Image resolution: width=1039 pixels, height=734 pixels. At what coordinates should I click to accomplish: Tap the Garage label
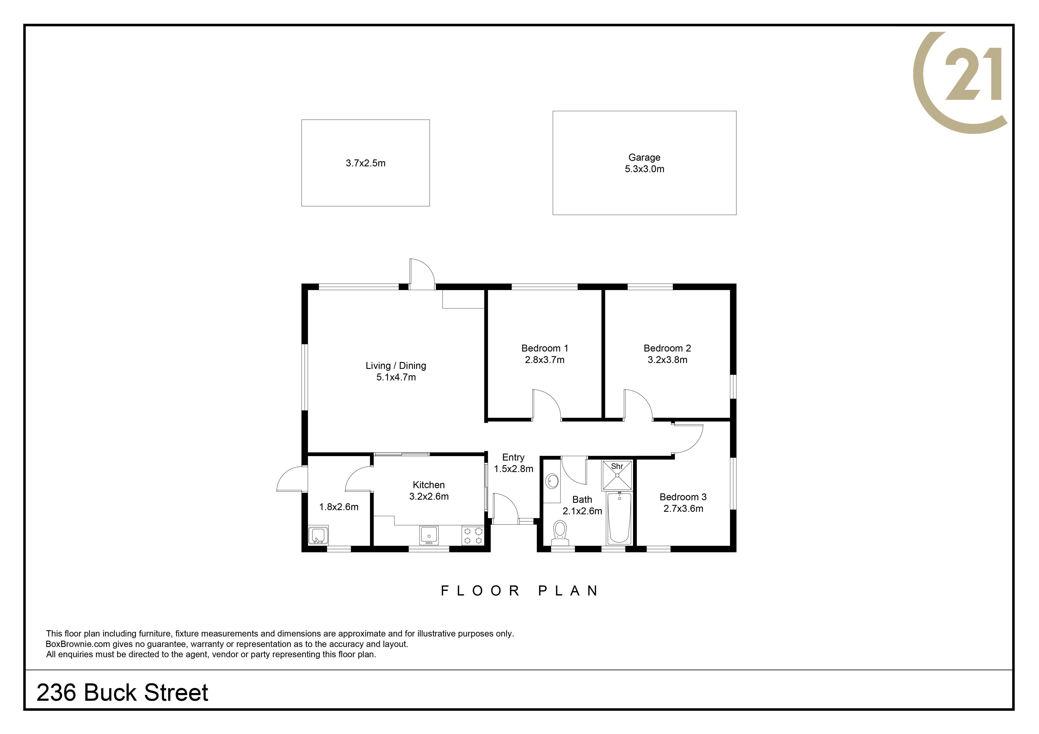point(644,157)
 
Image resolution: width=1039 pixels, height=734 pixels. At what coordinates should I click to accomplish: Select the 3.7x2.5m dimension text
point(366,163)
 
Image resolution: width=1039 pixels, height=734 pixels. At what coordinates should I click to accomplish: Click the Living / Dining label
point(396,365)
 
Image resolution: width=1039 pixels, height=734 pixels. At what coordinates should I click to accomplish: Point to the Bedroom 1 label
point(545,348)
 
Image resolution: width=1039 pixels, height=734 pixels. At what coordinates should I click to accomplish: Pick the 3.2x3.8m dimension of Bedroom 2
point(667,360)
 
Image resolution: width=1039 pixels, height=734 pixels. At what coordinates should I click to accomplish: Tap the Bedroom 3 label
point(683,497)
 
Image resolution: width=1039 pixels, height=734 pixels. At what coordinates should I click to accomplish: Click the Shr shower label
point(617,466)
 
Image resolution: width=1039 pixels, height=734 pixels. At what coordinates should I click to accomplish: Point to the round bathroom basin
point(552,481)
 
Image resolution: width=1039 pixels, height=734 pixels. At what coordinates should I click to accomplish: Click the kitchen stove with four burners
point(473,535)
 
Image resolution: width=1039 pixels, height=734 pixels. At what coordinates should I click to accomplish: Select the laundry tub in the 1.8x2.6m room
point(318,536)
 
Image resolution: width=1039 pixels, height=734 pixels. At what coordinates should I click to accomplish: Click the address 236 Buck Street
point(122,692)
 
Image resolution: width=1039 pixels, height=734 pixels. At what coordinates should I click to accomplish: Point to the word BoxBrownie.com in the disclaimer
point(78,644)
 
